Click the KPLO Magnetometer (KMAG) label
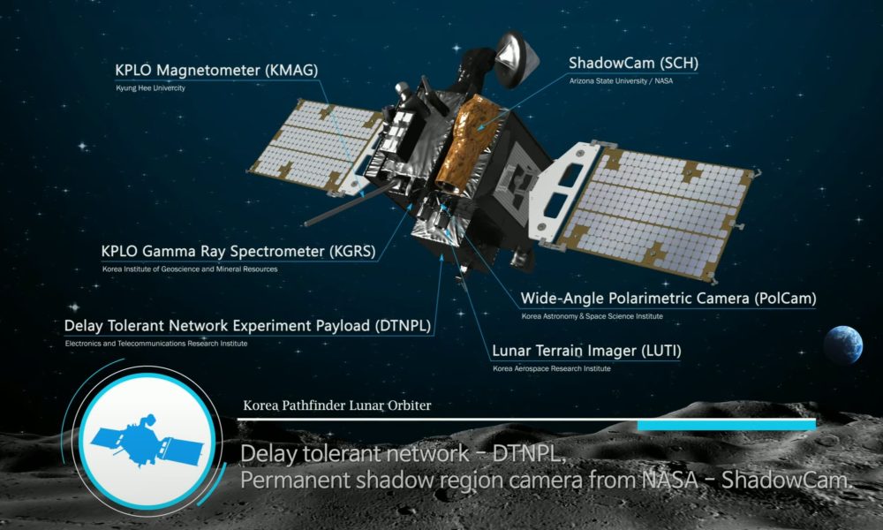(x=216, y=70)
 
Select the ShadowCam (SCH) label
(x=633, y=63)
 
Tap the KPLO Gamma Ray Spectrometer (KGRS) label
(x=238, y=251)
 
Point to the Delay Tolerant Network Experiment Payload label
(x=248, y=326)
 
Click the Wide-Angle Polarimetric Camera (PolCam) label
(x=668, y=298)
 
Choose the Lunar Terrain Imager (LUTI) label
(x=587, y=351)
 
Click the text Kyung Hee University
(x=150, y=87)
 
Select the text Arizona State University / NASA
(x=621, y=81)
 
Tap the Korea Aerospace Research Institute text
(x=552, y=368)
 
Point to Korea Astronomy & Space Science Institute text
(x=592, y=316)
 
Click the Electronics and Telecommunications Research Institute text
(x=156, y=344)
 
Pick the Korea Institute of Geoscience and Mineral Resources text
(x=190, y=269)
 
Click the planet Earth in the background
(x=843, y=344)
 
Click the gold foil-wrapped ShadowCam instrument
(x=467, y=144)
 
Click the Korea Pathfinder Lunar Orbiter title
(x=336, y=405)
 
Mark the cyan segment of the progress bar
(x=727, y=425)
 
